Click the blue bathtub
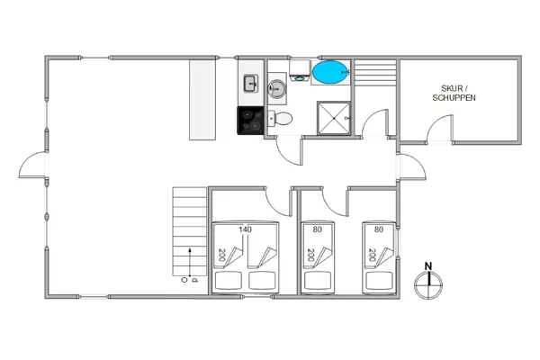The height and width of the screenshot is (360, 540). coord(330,71)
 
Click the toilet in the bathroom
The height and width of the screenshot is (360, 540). coord(282,118)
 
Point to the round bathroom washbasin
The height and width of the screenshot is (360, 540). coord(278,87)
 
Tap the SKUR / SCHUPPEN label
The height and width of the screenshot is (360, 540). coord(454,92)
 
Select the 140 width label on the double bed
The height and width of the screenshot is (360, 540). coord(245,229)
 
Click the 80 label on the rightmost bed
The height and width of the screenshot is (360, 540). coord(378,229)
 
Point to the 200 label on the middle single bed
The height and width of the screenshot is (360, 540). coord(311,256)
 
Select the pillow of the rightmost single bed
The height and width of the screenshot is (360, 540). coord(379,280)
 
